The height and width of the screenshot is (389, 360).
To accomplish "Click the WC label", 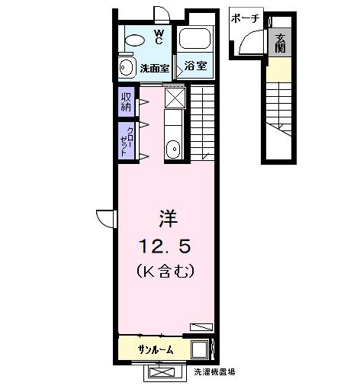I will tap(159, 36).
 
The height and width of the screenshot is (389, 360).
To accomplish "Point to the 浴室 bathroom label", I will tap(196, 67).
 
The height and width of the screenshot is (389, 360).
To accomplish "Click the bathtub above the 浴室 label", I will tap(196, 39).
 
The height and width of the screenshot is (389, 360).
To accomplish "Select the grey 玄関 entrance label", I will tap(279, 44).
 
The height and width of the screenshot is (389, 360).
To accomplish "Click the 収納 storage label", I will tap(125, 101).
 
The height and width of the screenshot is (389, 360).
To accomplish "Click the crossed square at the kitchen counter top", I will tap(175, 98).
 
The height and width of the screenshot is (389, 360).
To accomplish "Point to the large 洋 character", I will tap(168, 219).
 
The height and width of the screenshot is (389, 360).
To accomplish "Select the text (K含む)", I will tap(167, 270).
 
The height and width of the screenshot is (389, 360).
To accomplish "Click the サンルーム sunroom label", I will tap(155, 349).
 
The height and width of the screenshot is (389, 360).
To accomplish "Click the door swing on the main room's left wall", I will tap(105, 217).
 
